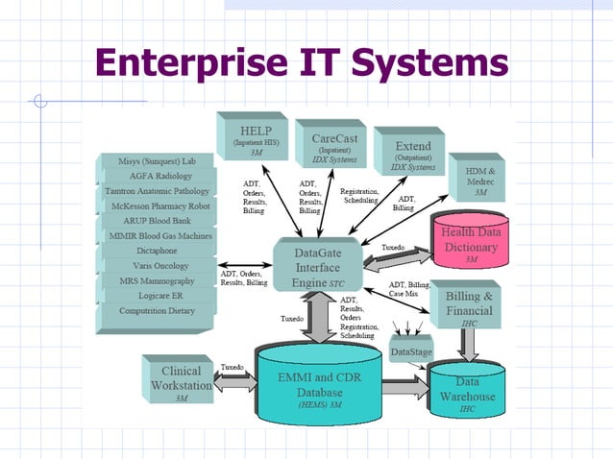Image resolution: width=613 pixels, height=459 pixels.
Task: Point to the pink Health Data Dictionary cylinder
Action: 470,245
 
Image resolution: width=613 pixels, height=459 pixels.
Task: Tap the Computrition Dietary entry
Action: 157,311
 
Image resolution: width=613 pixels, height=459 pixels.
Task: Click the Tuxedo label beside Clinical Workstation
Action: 232,368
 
